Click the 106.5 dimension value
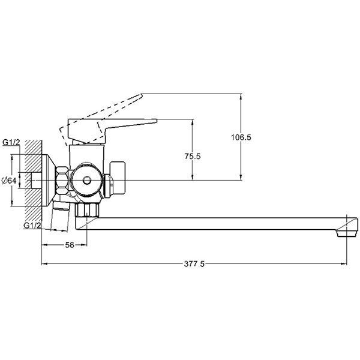coord(241,137)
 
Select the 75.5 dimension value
coord(193,156)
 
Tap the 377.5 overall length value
coord(194,264)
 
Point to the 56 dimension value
coord(70,245)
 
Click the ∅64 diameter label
coord(9,181)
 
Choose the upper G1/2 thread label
coord(11,142)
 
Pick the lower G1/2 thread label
coord(32,226)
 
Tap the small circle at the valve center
coord(87,181)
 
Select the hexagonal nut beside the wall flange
coord(62,181)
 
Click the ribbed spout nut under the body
coord(87,209)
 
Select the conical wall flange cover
coord(49,181)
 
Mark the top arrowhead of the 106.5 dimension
coord(241,97)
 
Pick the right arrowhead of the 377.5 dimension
coord(344,264)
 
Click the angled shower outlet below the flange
coord(59,217)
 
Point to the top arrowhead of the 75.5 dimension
coord(192,122)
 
